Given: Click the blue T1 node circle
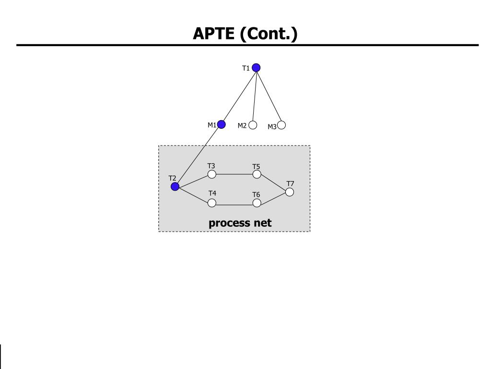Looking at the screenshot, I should [256, 68].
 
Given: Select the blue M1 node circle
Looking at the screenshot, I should [221, 124].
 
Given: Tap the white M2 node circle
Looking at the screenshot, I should [253, 125].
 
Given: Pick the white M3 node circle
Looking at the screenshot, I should [281, 125].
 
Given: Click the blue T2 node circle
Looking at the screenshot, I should [175, 186].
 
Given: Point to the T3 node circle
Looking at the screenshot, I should [211, 174].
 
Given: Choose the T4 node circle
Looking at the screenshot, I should [212, 203].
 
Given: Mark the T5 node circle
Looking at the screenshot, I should [257, 174].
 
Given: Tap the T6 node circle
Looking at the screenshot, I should [257, 203].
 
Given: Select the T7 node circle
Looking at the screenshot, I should [289, 192].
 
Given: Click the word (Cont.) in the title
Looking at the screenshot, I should [269, 34].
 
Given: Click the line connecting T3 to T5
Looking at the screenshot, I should [234, 174].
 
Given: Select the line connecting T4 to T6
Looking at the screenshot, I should [234, 205].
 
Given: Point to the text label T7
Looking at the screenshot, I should [290, 184].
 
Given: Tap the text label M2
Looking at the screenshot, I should [242, 126].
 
